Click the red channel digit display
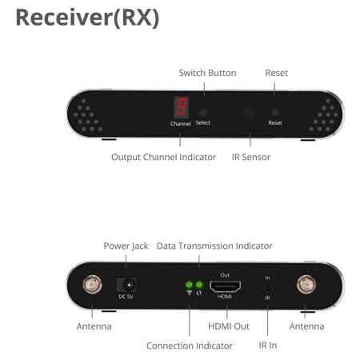(x=182, y=107)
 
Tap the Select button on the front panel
(x=203, y=112)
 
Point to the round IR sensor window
(x=249, y=112)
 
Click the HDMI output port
(x=225, y=286)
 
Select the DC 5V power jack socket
(x=126, y=285)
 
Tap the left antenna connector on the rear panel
(x=92, y=285)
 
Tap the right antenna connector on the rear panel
(x=306, y=285)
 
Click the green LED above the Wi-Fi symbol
(x=189, y=285)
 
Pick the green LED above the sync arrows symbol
(x=199, y=285)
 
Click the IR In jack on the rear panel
(x=268, y=288)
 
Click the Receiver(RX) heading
(x=87, y=18)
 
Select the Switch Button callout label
(x=207, y=73)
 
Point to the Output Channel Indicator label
(x=163, y=157)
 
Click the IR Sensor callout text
(x=251, y=157)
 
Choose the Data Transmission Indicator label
(x=214, y=246)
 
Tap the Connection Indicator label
(x=190, y=346)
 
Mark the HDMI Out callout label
(x=229, y=326)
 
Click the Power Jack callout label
(x=126, y=246)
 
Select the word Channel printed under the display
(x=181, y=124)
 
